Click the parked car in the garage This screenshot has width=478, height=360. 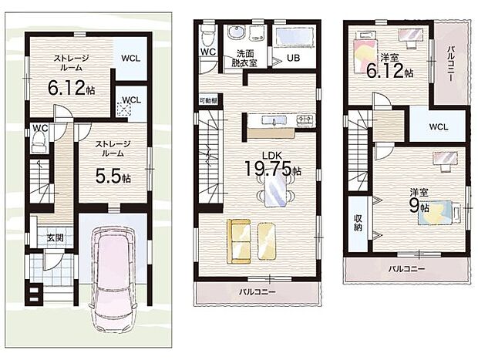click(113, 280)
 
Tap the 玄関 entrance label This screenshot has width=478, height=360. click(55, 237)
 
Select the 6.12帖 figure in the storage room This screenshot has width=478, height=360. click(71, 88)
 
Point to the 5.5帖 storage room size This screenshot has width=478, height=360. click(113, 176)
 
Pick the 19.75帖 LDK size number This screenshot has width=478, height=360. click(273, 168)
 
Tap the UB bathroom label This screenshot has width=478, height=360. click(292, 58)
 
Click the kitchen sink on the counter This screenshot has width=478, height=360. click(274, 120)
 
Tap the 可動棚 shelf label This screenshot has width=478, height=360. click(208, 100)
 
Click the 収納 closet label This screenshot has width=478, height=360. click(358, 223)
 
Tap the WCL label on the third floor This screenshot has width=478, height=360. click(439, 126)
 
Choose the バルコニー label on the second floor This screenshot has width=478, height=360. click(257, 292)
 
